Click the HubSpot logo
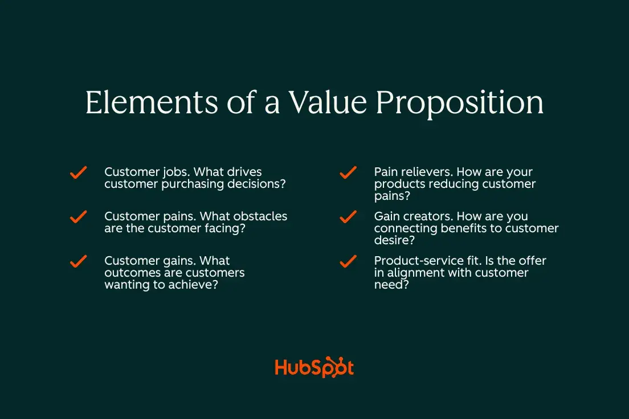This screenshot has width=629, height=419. [x=314, y=367]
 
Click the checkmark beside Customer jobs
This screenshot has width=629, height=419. [x=78, y=172]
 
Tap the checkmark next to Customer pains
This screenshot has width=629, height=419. [x=78, y=217]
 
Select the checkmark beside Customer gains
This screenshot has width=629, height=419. [x=78, y=261]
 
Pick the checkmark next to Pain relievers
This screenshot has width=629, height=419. [x=348, y=172]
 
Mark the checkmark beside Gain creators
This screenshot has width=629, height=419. [x=348, y=217]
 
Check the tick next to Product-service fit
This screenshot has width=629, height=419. [x=348, y=261]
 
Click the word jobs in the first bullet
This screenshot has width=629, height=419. [x=174, y=172]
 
